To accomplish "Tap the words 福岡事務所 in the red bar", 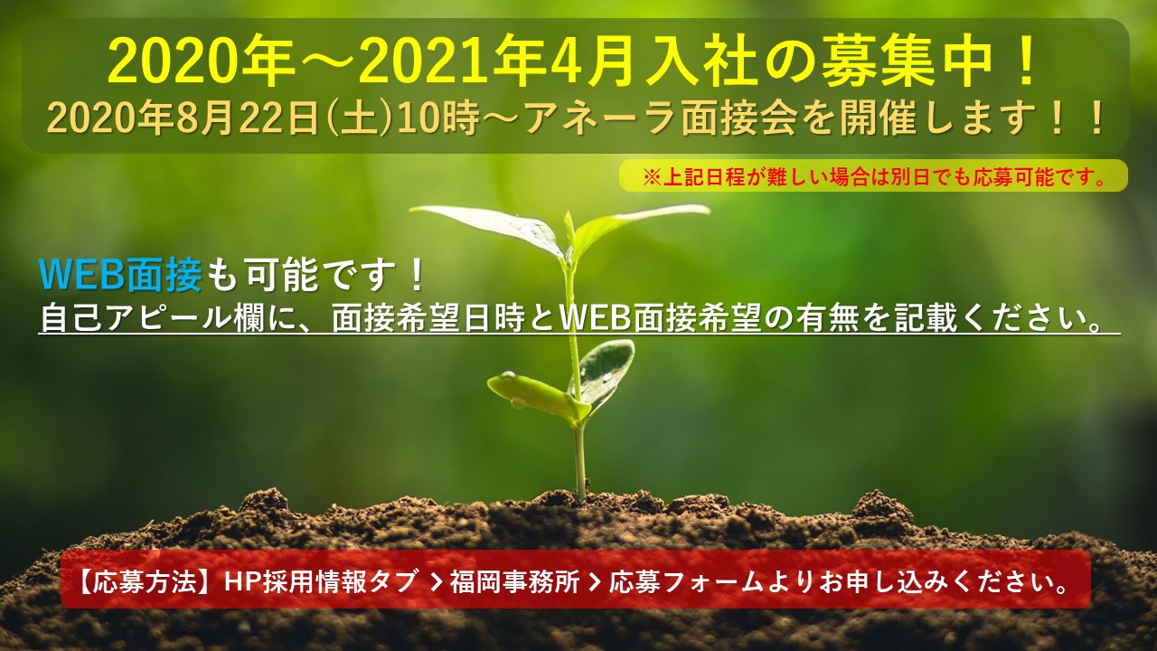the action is [x=514, y=582].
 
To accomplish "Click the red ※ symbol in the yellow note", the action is [x=652, y=178].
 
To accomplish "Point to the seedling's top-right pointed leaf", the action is [x=641, y=222].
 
